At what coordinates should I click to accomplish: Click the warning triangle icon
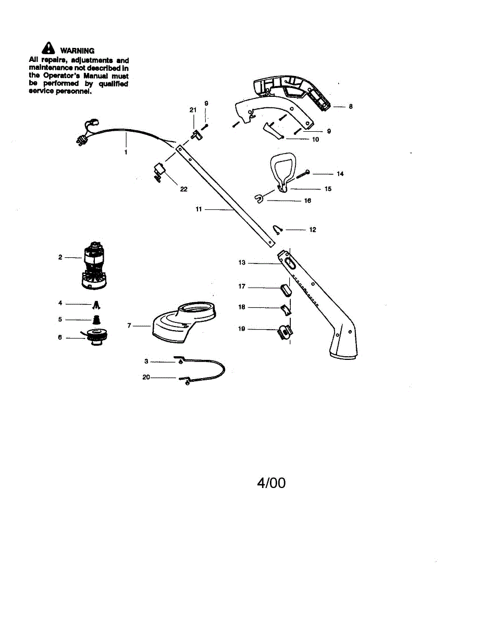(48, 48)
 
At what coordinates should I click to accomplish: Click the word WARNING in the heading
(77, 51)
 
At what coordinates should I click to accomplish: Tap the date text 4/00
(271, 483)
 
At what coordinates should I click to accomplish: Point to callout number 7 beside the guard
(129, 326)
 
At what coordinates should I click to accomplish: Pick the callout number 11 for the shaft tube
(199, 209)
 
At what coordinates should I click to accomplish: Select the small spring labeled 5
(96, 319)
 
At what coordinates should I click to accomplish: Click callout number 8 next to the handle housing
(351, 106)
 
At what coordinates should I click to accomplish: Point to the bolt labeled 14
(303, 172)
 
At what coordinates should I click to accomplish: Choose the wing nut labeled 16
(259, 198)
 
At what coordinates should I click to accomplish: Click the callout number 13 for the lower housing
(242, 262)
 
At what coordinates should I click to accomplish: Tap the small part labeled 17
(285, 288)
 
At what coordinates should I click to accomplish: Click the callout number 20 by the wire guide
(146, 378)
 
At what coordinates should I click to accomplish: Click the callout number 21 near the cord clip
(193, 110)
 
